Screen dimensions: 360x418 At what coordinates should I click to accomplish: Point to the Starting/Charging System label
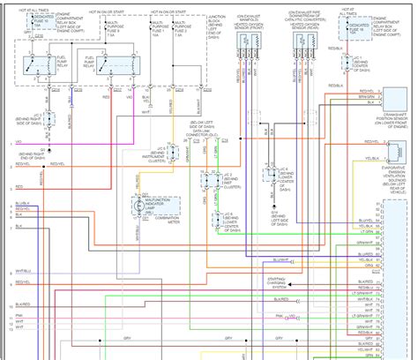pos(280,284)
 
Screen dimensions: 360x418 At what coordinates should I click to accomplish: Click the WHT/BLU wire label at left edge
pos(21,270)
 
